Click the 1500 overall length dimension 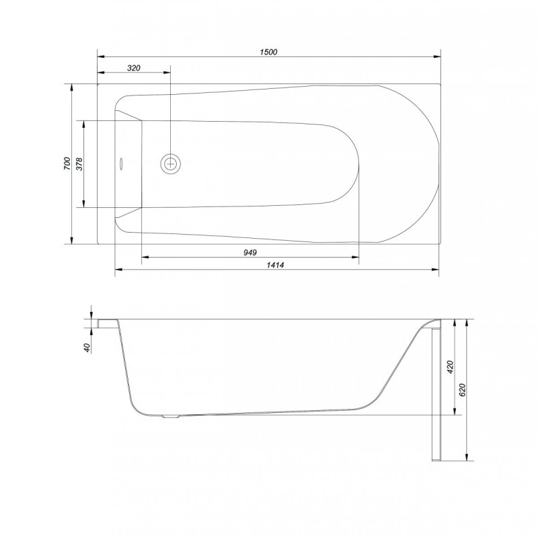coord(269,52)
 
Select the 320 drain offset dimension coord(133,68)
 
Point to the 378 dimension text coord(80,163)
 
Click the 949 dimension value coord(249,252)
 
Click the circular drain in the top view coord(171,163)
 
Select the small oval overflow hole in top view coord(122,163)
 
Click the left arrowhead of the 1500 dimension coord(101,56)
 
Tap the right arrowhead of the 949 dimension coord(356,257)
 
